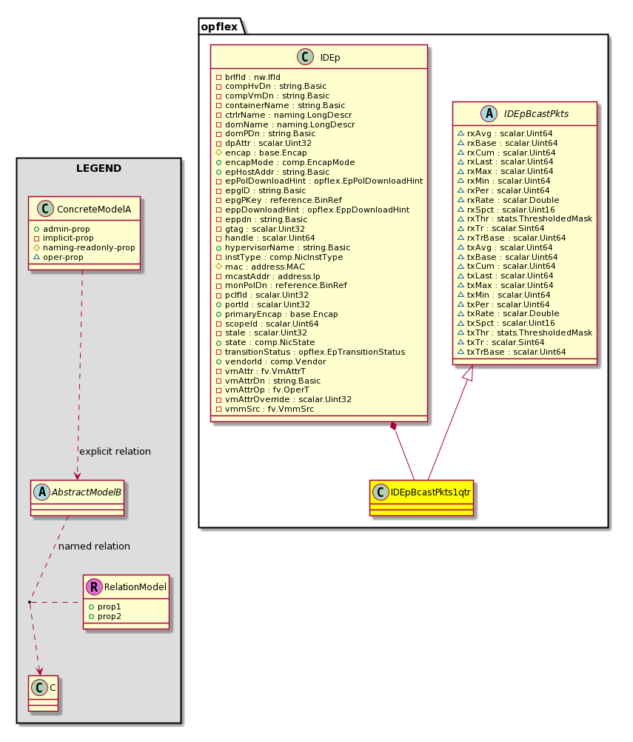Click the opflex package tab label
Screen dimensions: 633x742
point(219,27)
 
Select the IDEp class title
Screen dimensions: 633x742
point(329,57)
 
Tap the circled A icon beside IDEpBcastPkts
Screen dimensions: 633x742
point(489,113)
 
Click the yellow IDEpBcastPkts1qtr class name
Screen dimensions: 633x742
point(431,492)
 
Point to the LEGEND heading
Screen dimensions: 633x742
point(99,168)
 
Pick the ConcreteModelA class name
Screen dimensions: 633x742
point(94,209)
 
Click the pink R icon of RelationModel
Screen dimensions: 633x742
point(94,586)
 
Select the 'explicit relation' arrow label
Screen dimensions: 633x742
point(115,452)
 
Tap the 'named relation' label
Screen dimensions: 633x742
point(94,546)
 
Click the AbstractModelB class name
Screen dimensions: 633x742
point(86,492)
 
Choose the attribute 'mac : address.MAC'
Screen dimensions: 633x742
point(265,267)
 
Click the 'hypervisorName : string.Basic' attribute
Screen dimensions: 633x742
point(288,247)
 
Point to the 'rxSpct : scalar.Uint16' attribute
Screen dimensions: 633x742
point(511,210)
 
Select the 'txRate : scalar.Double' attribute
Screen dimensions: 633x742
point(513,313)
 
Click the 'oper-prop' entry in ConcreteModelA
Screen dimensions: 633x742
point(63,257)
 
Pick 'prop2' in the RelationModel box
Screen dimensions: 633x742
point(110,616)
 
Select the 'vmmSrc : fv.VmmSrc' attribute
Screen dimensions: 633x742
point(269,409)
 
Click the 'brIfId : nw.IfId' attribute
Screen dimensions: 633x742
point(252,77)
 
